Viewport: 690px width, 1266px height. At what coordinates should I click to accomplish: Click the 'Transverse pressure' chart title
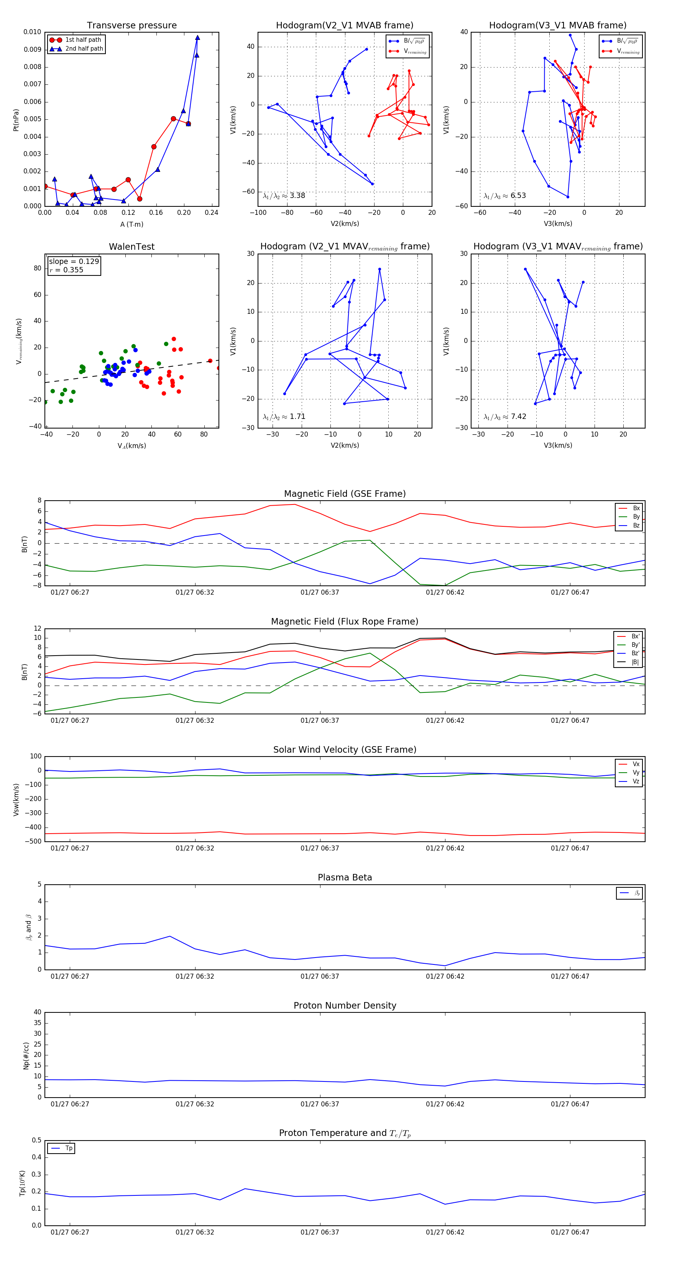click(131, 26)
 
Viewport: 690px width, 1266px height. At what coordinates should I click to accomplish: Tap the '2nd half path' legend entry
click(84, 49)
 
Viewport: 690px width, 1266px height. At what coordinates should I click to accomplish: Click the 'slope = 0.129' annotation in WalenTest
click(74, 262)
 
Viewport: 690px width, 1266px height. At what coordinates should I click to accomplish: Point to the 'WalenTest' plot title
click(131, 247)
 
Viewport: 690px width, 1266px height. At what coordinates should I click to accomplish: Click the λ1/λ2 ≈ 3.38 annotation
click(284, 196)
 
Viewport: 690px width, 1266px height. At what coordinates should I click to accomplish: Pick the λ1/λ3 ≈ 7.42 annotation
click(505, 417)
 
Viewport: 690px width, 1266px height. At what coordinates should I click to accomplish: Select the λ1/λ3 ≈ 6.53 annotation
click(505, 196)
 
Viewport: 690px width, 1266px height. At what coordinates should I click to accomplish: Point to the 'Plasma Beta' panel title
click(345, 878)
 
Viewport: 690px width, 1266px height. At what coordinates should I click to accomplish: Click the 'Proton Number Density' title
click(345, 1006)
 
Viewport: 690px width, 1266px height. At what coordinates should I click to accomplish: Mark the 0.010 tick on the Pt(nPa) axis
click(33, 32)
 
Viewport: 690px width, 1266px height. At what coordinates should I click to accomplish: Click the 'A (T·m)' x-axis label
click(131, 224)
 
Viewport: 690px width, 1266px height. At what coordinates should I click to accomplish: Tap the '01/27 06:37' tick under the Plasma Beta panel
click(320, 976)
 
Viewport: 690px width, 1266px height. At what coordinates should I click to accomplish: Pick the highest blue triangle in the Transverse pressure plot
click(197, 37)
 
